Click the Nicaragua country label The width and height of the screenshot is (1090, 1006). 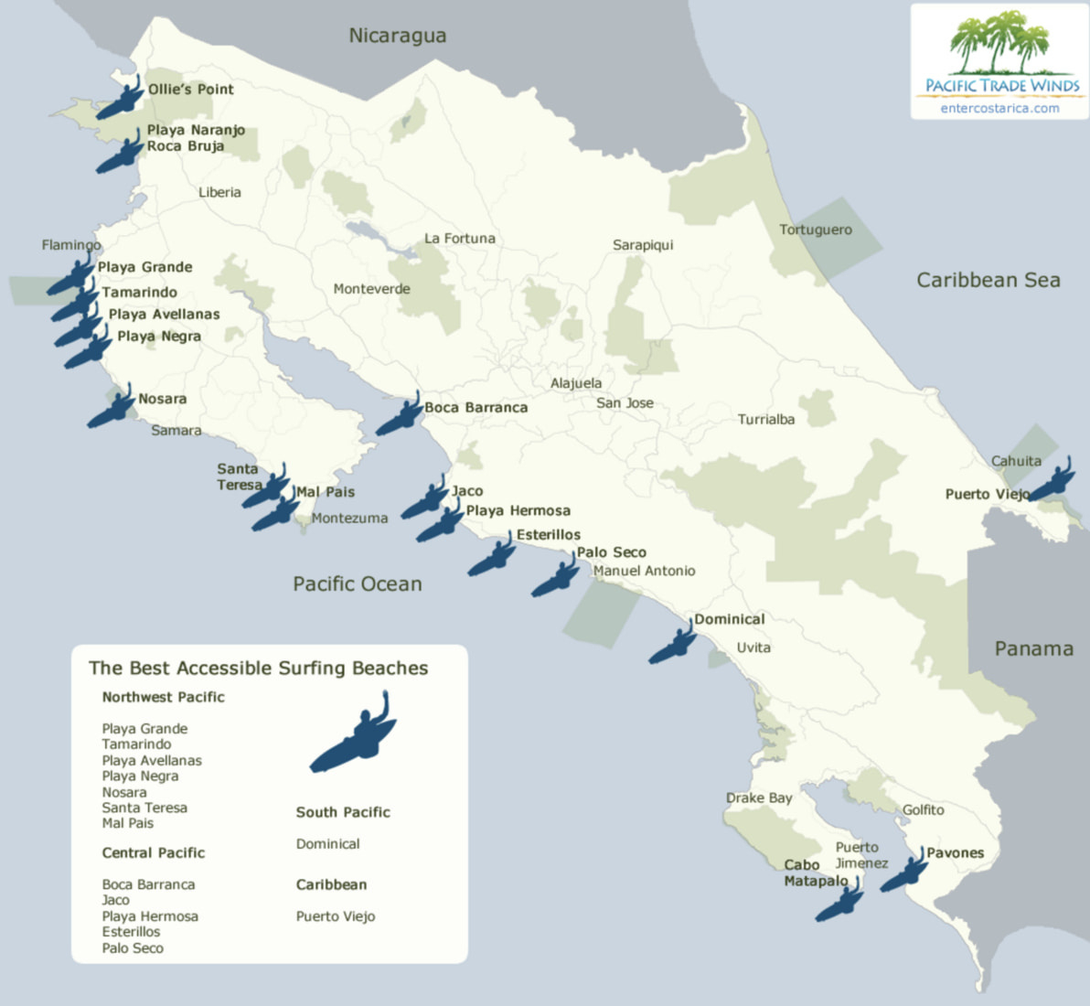398,36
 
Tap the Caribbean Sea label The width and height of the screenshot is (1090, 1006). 988,280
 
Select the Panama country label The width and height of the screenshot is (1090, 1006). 1033,648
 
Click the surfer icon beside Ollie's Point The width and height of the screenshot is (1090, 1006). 119,100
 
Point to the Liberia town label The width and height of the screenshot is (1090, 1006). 219,192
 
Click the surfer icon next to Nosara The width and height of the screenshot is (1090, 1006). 112,410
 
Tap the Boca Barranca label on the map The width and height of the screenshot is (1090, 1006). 476,407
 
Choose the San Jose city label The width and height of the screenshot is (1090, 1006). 625,402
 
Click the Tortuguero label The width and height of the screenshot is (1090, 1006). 815,230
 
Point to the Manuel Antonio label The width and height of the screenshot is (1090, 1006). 644,571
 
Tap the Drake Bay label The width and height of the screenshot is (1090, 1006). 759,797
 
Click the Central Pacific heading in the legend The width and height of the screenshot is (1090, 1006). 154,852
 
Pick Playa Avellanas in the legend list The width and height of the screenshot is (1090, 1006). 152,760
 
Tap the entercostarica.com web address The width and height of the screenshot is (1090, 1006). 999,108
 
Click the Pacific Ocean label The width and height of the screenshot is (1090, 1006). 358,583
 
